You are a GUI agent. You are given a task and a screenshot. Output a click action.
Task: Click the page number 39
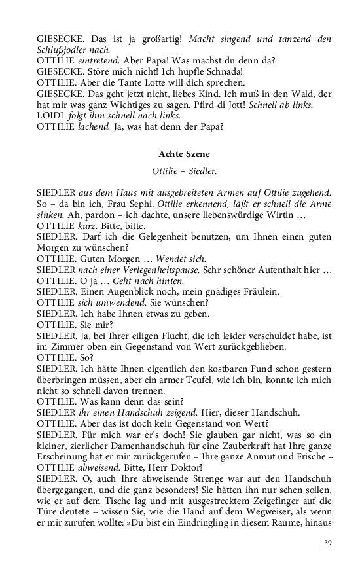tap(328, 542)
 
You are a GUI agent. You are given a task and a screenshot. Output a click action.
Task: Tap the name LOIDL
tap(50, 115)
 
